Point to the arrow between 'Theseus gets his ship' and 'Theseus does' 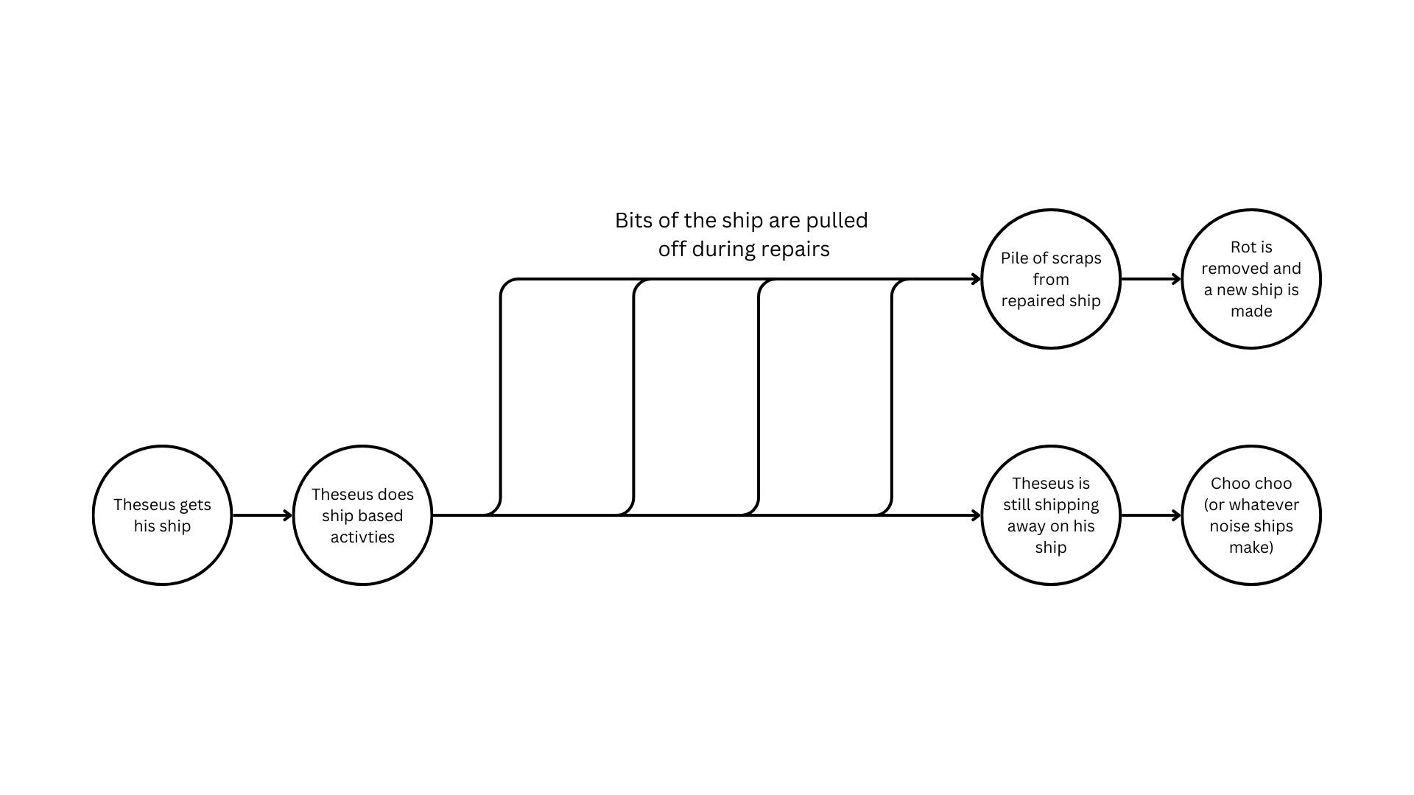pyautogui.click(x=263, y=515)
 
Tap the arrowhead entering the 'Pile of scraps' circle pyautogui.click(x=977, y=279)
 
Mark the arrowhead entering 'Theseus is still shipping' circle pyautogui.click(x=977, y=515)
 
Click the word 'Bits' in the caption pyautogui.click(x=632, y=220)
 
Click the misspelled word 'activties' pyautogui.click(x=362, y=537)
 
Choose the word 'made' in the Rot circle pyautogui.click(x=1251, y=311)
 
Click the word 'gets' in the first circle pyautogui.click(x=195, y=506)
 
